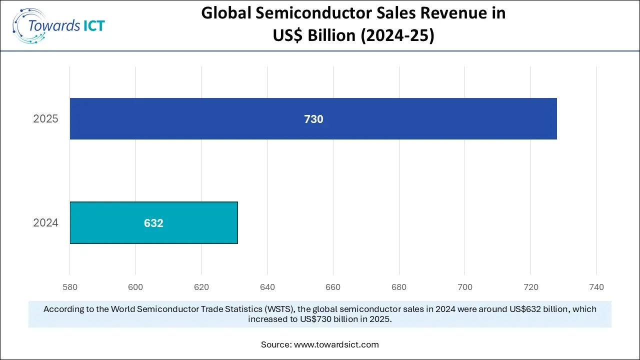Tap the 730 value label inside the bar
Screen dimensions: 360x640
313,119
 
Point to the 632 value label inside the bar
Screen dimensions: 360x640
153,223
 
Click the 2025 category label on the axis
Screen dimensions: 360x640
45,119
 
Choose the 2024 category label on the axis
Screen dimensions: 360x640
45,223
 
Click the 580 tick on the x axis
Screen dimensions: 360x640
70,287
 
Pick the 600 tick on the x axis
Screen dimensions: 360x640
135,287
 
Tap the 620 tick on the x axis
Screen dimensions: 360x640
201,287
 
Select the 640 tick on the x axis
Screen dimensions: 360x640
267,287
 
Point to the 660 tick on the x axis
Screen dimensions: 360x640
333,287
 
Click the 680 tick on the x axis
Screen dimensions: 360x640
399,287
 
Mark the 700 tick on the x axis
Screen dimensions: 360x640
464,287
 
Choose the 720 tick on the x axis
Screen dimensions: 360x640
530,287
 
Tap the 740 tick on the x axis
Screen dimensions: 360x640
596,287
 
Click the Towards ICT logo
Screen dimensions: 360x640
59,25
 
